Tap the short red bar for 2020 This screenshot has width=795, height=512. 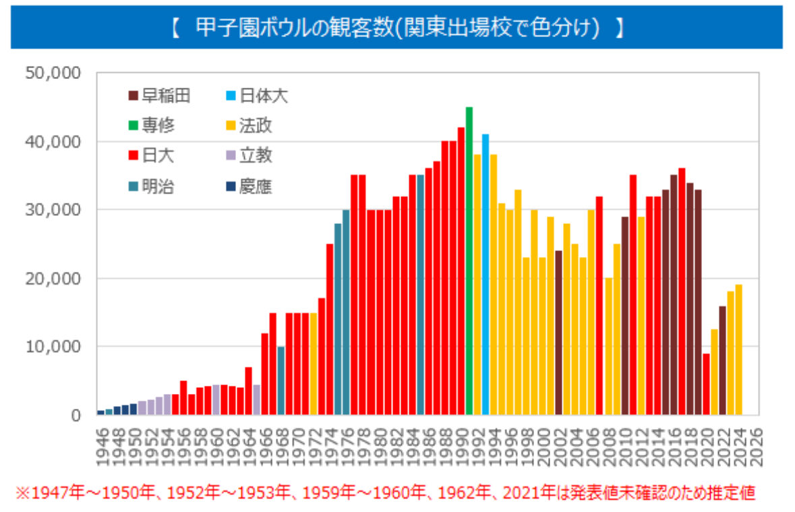click(706, 384)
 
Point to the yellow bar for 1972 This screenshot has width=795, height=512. click(314, 364)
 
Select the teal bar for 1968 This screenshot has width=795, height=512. click(281, 380)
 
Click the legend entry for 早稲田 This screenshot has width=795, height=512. click(159, 96)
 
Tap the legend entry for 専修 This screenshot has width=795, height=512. click(151, 126)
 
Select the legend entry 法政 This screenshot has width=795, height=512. click(249, 126)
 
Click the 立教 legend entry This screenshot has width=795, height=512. click(249, 157)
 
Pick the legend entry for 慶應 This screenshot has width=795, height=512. click(249, 187)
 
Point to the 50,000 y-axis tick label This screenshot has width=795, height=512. click(53, 73)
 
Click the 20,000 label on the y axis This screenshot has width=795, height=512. click(53, 278)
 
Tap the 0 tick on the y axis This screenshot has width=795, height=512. click(76, 416)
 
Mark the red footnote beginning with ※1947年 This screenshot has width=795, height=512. click(384, 493)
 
